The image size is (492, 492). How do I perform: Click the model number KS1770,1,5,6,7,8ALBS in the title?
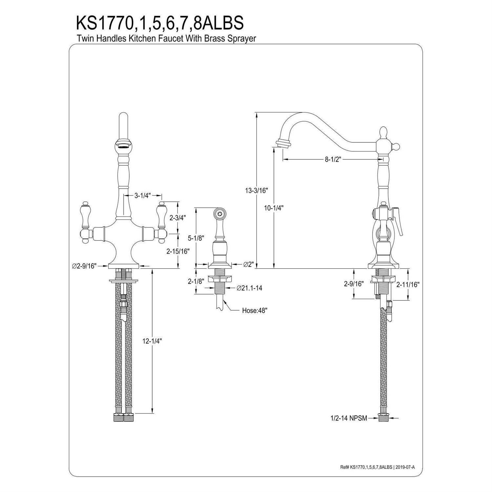(160, 23)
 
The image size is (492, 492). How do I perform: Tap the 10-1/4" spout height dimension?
(274, 208)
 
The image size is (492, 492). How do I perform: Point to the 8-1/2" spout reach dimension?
(333, 159)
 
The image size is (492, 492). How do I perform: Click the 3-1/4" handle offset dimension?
(142, 196)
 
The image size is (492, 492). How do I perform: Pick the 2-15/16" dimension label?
(178, 251)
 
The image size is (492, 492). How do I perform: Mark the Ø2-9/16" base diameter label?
(84, 266)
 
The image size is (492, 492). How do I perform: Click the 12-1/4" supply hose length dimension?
(153, 341)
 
